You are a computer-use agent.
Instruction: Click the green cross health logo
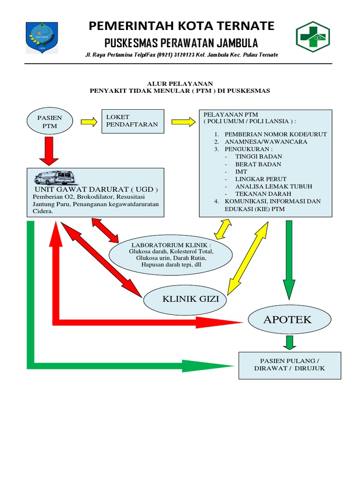tap(313, 37)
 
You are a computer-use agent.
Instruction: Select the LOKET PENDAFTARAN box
tap(133, 121)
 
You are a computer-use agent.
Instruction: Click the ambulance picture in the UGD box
tap(55, 178)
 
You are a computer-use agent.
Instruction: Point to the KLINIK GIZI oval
tap(187, 299)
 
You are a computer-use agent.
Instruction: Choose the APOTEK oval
tap(287, 320)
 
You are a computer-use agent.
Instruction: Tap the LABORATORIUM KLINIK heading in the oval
tap(171, 245)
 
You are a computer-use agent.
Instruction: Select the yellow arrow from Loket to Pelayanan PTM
tap(183, 122)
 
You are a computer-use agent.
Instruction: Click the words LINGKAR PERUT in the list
tap(261, 179)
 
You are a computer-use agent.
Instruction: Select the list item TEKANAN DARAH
tap(263, 194)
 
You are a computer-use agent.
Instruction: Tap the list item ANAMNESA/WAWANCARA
tap(266, 142)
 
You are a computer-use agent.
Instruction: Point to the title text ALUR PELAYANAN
tap(180, 83)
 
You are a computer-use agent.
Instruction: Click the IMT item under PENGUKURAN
tap(241, 172)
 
